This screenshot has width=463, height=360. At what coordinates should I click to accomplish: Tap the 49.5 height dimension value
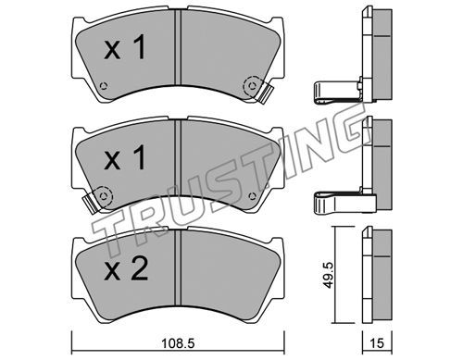(328, 275)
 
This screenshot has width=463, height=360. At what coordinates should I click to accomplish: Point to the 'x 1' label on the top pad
(125, 47)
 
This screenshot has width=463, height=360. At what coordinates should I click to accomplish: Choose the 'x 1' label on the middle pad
(125, 157)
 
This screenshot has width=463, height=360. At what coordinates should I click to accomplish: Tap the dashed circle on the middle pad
(104, 195)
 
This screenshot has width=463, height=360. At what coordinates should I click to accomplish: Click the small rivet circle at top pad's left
(104, 85)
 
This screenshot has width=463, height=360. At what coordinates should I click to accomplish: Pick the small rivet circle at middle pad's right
(252, 195)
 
